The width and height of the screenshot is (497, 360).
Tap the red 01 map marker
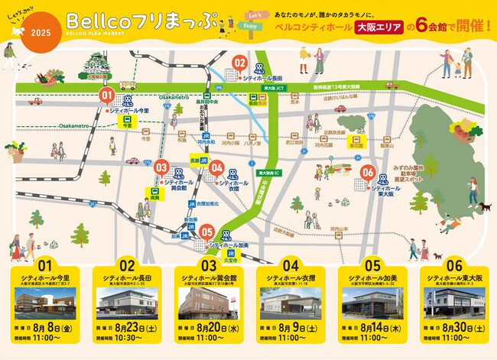pyautogui.click(x=107, y=96)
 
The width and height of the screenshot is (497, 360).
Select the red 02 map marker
pyautogui.click(x=239, y=63)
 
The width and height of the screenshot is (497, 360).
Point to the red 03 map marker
pyautogui.click(x=161, y=167)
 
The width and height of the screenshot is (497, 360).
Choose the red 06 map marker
pyautogui.click(x=367, y=173)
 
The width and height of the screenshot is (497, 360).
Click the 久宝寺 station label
pyautogui.click(x=230, y=258)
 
